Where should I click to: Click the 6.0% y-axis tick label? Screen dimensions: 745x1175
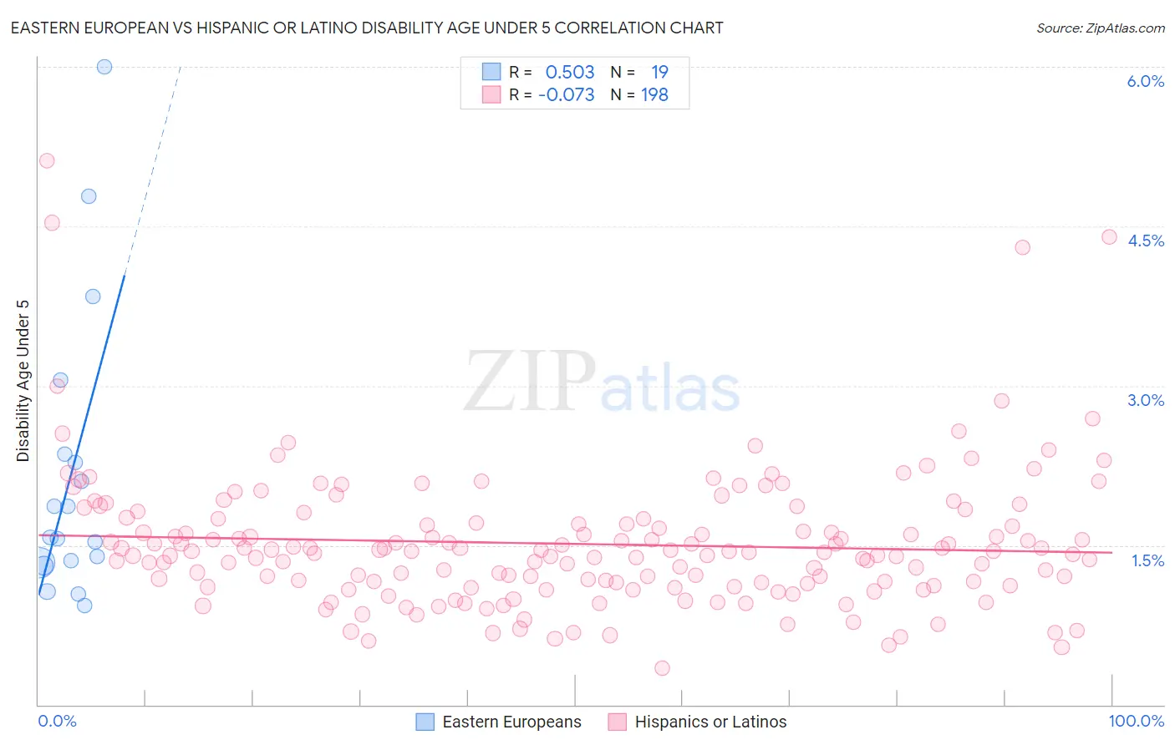coord(1145,81)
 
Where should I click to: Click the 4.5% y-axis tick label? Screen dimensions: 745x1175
coord(1145,241)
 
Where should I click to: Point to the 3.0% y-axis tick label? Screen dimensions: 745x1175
coord(1145,400)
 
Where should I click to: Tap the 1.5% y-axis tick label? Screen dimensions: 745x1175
coord(1147,560)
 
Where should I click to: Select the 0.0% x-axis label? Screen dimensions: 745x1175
coord(57,721)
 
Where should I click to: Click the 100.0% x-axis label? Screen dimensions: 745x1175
coord(1136,721)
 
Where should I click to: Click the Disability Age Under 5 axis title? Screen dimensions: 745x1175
coord(23,380)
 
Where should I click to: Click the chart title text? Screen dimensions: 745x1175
coord(367,28)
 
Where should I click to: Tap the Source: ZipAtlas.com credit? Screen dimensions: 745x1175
coord(1100,28)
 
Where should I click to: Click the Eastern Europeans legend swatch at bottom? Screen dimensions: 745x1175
coord(425,722)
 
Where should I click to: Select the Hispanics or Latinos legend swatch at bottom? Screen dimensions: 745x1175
coord(618,722)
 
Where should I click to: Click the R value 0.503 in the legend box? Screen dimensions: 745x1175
coord(570,73)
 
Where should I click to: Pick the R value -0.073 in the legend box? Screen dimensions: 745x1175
coord(567,95)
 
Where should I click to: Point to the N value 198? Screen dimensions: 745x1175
coord(654,95)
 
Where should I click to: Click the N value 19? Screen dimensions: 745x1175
coord(659,73)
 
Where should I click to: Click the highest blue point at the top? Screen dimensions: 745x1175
coord(104,67)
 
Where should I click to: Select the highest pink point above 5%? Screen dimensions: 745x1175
coord(47,160)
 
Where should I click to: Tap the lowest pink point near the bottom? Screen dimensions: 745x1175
coord(662,667)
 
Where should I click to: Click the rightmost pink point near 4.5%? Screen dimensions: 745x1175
coord(1109,236)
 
